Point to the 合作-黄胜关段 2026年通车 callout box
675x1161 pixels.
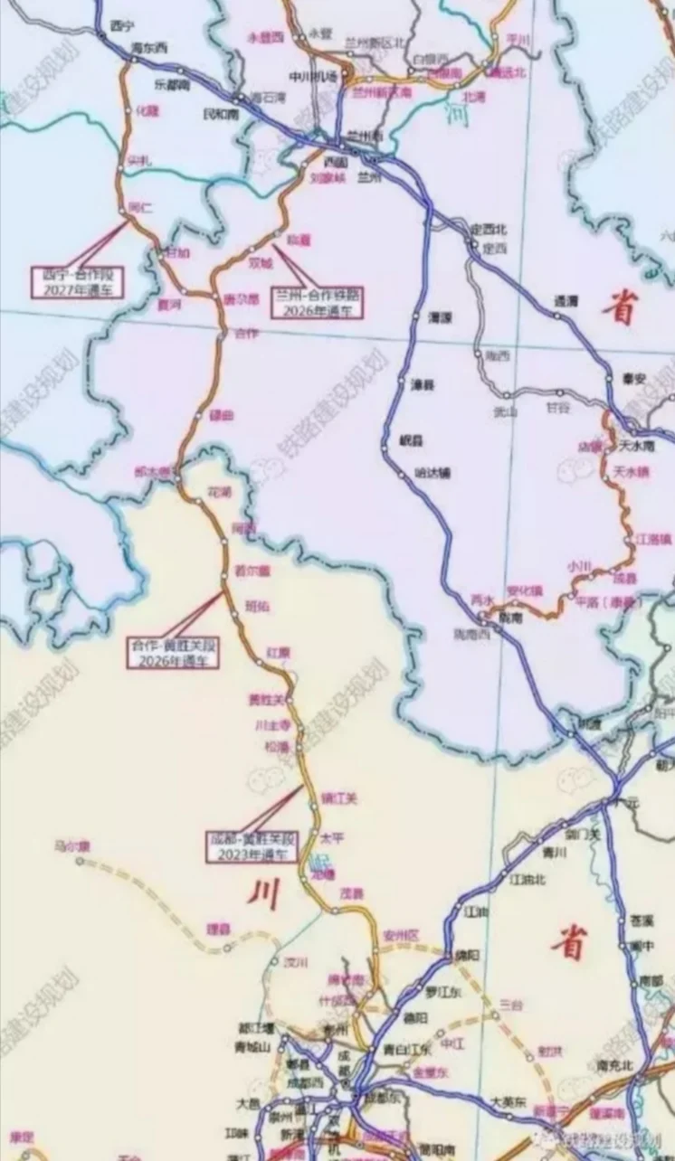173,653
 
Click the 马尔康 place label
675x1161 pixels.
72,846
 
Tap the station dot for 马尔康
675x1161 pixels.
79,862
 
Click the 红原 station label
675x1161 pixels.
278,652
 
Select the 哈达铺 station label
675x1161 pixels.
432,472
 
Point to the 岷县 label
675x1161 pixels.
412,440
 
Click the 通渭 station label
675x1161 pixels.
566,301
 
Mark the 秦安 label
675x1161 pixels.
635,379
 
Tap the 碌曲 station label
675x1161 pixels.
222,415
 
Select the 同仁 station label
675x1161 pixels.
141,207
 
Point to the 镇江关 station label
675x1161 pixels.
340,798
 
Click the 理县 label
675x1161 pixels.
218,928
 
